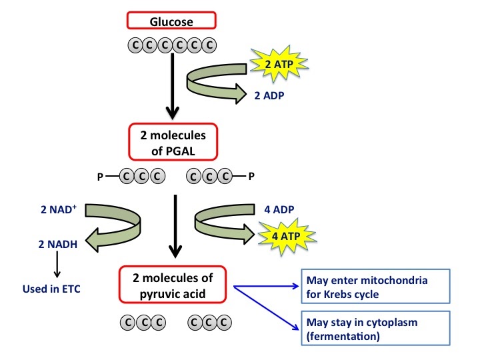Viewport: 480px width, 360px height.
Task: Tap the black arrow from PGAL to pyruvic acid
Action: click(x=174, y=227)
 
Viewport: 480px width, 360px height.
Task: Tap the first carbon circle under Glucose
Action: click(x=133, y=45)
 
